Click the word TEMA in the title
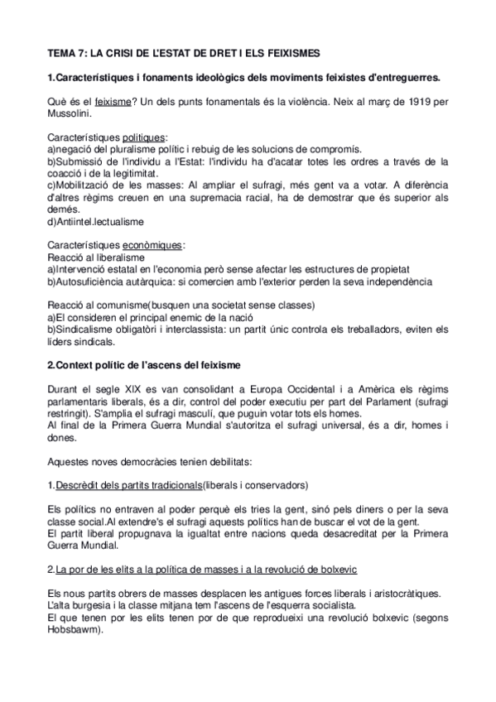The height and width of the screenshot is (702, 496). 63,51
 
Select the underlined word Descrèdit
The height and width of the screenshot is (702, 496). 82,484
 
